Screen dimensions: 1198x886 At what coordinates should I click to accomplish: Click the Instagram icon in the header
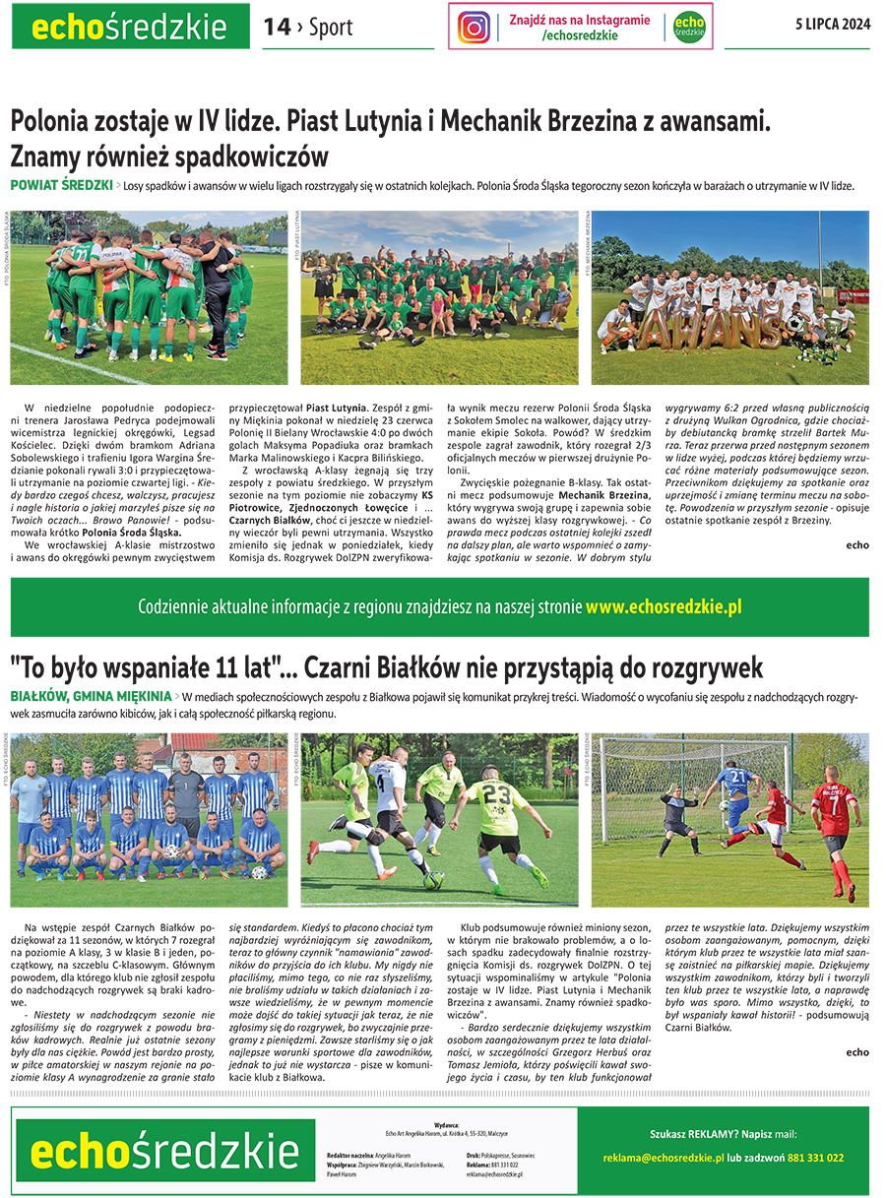coord(474,27)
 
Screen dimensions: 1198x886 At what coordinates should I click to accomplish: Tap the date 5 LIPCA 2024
coord(833,27)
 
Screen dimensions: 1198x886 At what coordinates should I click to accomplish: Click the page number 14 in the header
coord(277,28)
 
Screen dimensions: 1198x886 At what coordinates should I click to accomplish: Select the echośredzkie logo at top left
coord(131,27)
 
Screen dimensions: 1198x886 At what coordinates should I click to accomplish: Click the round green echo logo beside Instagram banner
coord(688,28)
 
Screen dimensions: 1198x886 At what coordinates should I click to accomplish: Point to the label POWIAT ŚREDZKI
coord(60,185)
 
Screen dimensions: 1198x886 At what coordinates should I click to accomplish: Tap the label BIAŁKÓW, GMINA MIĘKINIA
coord(91,696)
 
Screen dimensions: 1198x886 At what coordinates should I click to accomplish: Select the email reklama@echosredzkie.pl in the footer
coord(664,1158)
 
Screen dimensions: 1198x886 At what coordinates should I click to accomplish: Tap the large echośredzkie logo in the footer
coord(151,1150)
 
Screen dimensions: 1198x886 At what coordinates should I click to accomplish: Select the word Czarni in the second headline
coord(346,667)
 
